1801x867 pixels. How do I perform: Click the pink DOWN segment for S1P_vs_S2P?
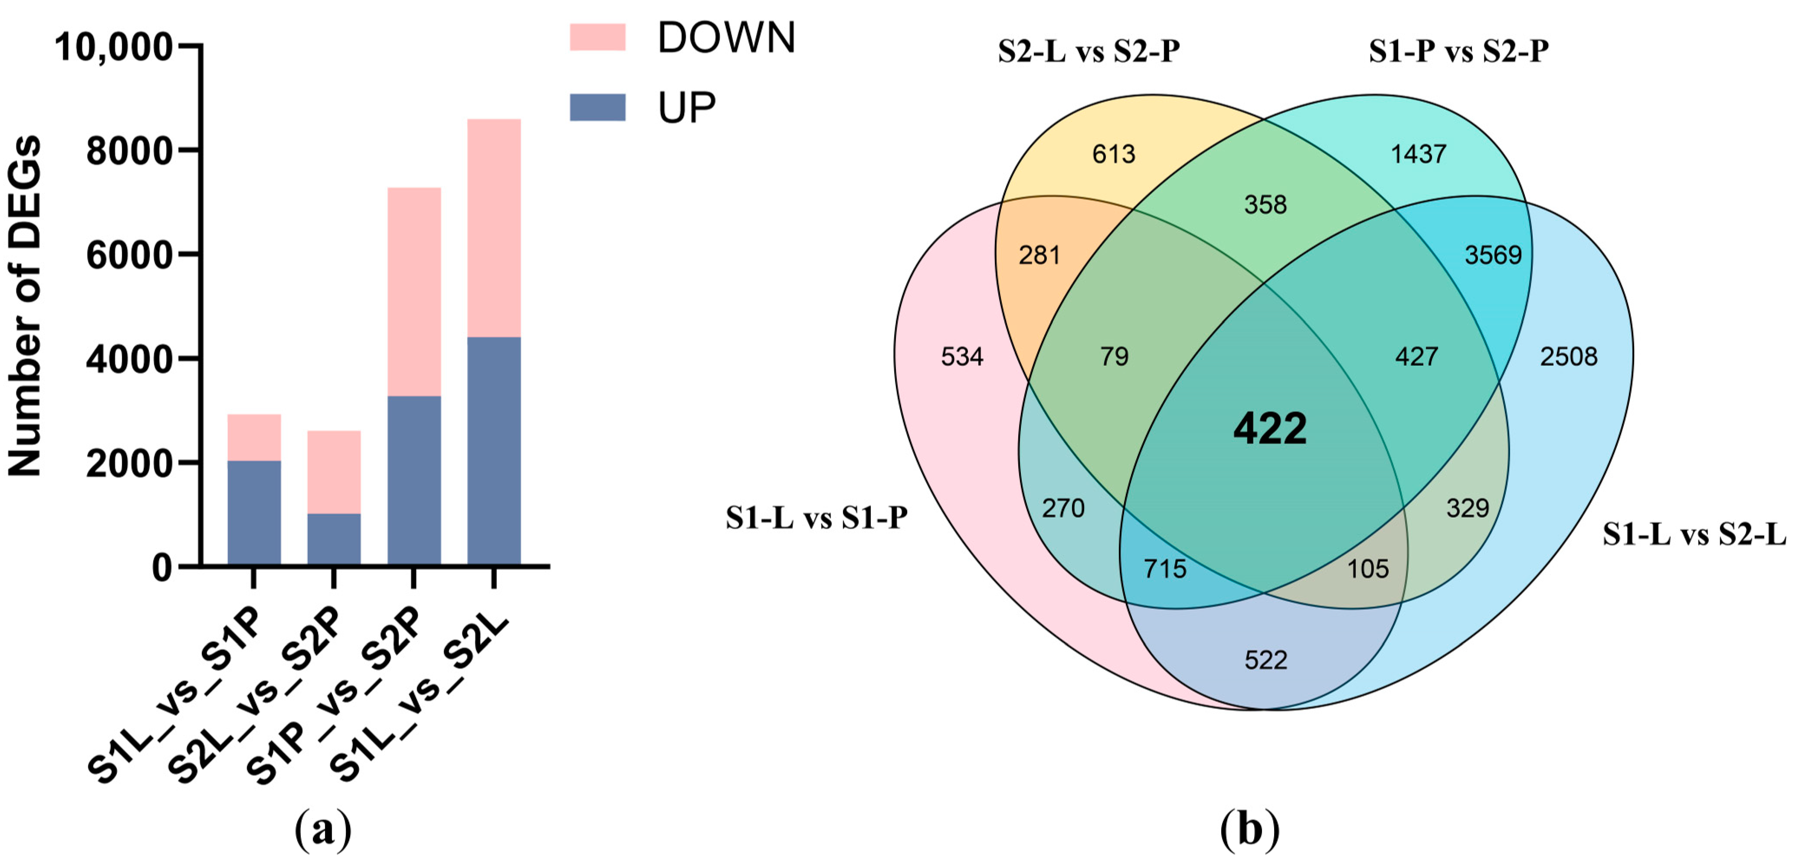[414, 291]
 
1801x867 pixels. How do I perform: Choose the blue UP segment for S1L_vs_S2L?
[494, 451]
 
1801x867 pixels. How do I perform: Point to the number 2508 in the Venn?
[1568, 357]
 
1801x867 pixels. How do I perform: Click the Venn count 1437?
[1418, 154]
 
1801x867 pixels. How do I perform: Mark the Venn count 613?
[1114, 154]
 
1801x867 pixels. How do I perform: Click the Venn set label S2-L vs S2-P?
[1089, 51]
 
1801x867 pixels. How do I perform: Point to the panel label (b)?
[1249, 830]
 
